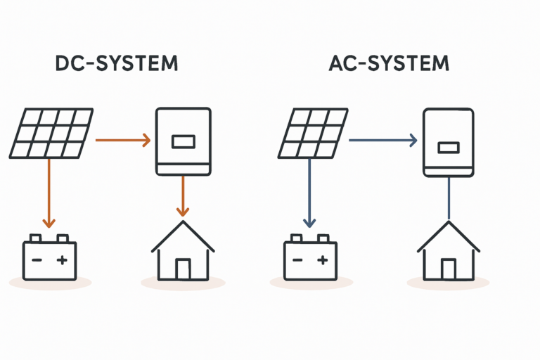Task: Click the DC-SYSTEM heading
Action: pos(117,63)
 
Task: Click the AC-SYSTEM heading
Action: pos(388,63)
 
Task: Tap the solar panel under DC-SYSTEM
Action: pos(51,132)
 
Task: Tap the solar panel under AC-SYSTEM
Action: pos(312,132)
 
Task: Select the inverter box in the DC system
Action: pos(183,141)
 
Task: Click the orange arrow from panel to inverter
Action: pos(122,141)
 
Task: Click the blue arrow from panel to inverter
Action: pos(383,141)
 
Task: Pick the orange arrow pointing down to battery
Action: pos(48,193)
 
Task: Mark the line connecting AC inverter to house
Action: pos(448,198)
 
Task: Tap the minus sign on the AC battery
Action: pos(297,260)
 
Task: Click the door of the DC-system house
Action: pos(183,269)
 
